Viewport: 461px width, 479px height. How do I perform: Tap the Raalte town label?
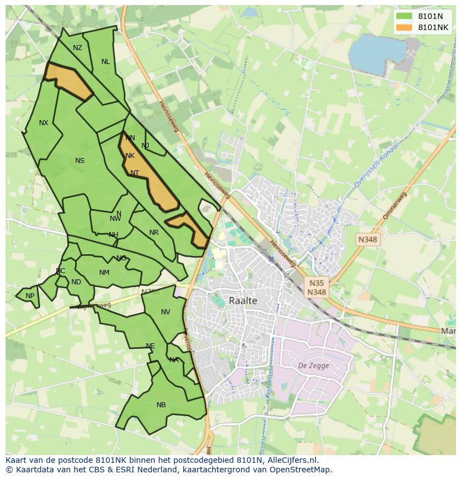[243, 300]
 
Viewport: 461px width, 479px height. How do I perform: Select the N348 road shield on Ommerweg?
[367, 239]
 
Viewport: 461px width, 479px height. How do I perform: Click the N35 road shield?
[317, 283]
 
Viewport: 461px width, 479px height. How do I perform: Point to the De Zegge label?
[313, 366]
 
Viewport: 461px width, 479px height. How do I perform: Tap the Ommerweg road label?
[395, 206]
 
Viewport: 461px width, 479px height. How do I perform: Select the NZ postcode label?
[77, 48]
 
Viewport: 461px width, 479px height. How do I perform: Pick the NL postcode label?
[105, 62]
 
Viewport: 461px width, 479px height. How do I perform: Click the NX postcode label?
[43, 123]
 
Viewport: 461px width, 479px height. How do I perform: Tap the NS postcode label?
[80, 161]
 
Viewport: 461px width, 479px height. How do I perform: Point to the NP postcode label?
[30, 296]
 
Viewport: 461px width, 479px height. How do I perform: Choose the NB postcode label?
[161, 405]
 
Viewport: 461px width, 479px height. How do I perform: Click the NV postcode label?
[165, 312]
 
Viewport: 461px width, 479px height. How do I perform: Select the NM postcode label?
[104, 273]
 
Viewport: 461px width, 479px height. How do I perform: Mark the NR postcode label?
[154, 233]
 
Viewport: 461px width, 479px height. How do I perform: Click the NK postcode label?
[130, 156]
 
